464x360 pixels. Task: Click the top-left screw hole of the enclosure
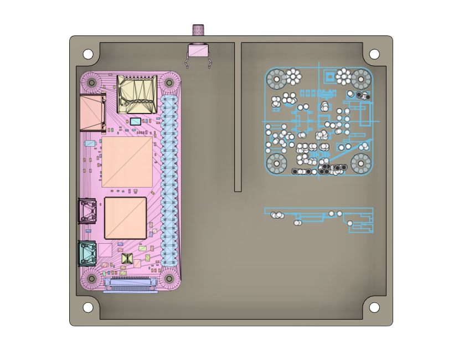point(88,54)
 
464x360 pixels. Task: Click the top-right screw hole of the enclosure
point(374,54)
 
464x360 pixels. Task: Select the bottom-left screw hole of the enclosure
point(88,307)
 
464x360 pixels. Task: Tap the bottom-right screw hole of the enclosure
point(374,307)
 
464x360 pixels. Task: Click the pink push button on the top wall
point(198,50)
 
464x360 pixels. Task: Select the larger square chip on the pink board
point(127,162)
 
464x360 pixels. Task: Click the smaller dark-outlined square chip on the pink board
point(125,218)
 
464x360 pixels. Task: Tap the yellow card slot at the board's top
point(137,95)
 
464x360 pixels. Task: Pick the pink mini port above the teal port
point(87,211)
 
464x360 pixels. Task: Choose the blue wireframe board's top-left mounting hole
point(276,79)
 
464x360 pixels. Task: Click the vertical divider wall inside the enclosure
point(238,116)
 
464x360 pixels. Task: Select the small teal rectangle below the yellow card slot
point(135,121)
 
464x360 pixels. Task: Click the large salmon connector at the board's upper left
point(92,113)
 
